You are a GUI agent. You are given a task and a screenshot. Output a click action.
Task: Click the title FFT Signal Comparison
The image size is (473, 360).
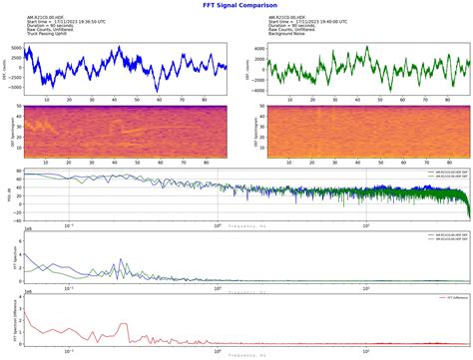click(236, 5)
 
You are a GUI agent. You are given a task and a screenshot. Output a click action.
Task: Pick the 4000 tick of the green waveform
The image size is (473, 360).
click(256, 48)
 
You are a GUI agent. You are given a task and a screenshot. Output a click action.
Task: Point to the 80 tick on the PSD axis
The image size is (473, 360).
click(16, 174)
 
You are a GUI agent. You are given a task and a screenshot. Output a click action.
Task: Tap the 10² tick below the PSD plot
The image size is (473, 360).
click(366, 225)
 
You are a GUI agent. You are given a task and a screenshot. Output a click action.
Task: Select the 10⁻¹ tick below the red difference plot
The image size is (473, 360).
click(69, 354)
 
